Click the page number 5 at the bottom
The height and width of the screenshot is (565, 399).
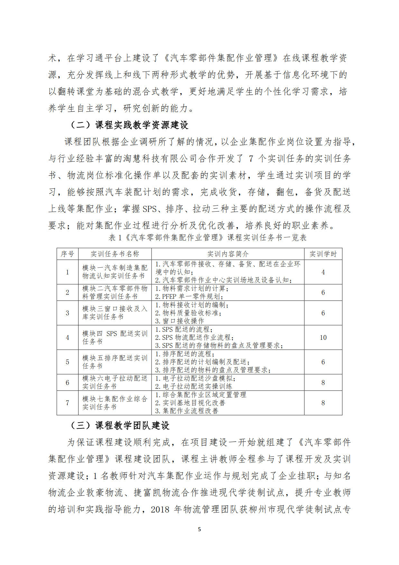pos(199,529)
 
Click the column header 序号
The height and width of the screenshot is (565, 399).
pos(67,254)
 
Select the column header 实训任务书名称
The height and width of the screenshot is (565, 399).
pos(115,254)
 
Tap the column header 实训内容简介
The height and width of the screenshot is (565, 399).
pos(227,254)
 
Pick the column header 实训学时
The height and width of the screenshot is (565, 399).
pos(323,254)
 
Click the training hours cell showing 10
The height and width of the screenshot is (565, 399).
pos(323,337)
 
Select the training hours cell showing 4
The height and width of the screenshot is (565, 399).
pos(323,272)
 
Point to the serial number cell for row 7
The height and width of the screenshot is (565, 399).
pos(67,403)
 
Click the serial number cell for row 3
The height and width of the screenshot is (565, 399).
pos(67,313)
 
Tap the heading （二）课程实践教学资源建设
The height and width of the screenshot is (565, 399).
pos(129,125)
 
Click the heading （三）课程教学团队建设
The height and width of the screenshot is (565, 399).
pos(119,426)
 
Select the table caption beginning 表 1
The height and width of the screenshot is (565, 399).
pos(208,238)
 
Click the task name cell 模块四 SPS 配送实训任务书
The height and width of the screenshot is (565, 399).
pos(115,337)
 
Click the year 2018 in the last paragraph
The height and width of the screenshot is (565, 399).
pos(160,509)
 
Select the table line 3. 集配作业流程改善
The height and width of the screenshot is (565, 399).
pos(187,411)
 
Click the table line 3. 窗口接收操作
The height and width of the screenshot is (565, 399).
pos(180,321)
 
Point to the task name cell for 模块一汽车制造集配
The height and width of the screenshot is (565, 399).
pos(115,272)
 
